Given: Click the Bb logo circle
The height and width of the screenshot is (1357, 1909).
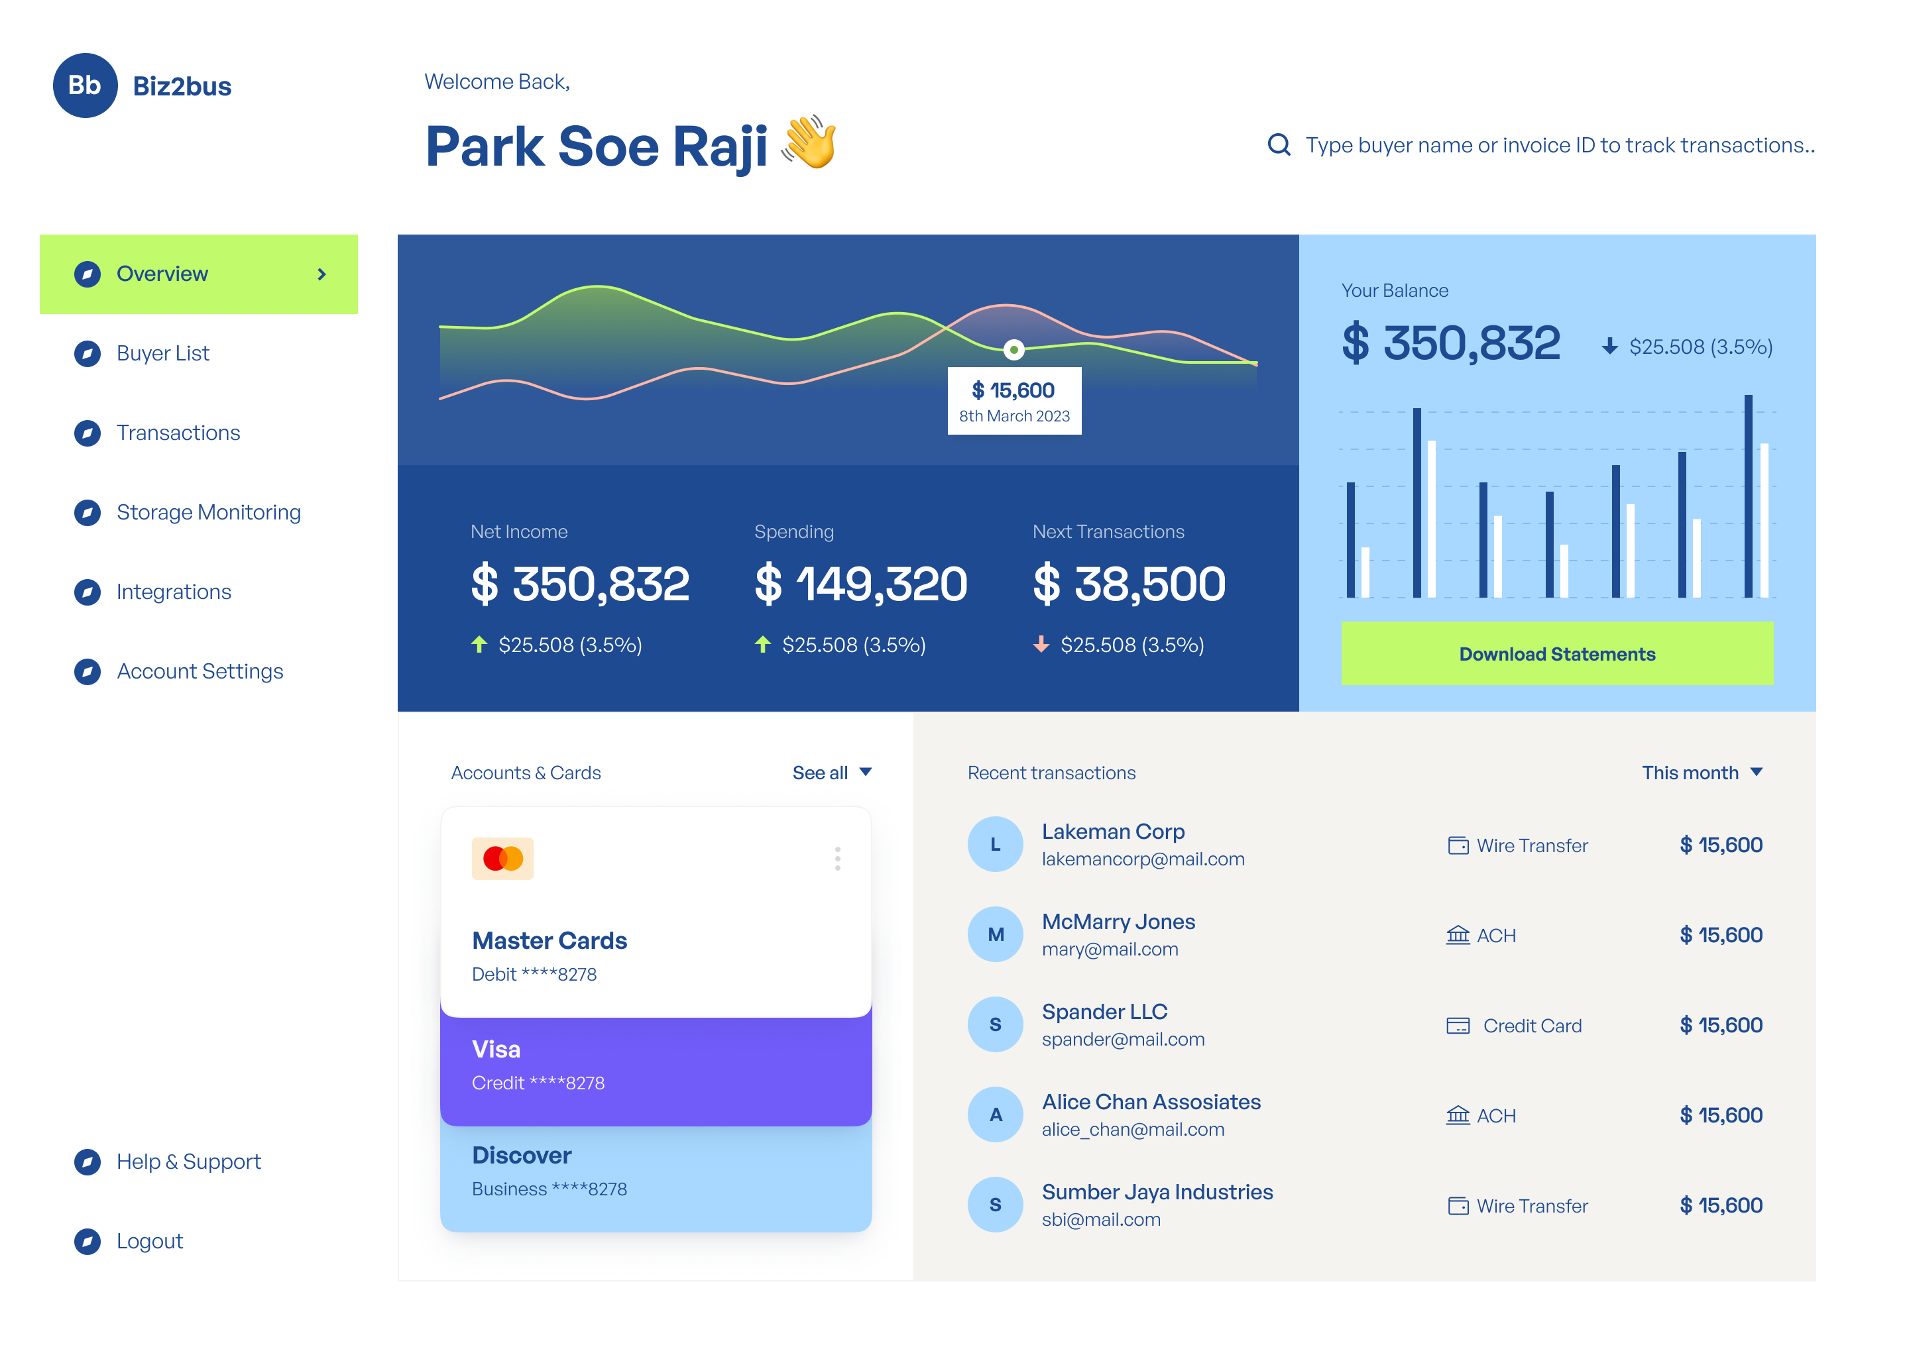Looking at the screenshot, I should (x=84, y=85).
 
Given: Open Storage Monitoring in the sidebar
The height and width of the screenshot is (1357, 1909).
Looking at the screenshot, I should (x=208, y=512).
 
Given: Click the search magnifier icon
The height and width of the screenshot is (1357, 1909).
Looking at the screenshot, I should (x=1278, y=144).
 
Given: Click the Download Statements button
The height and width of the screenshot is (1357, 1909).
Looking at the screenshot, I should (x=1556, y=653).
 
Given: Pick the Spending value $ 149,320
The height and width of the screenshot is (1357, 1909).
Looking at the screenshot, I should (x=860, y=583).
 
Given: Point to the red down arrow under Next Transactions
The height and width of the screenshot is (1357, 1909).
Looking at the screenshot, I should (x=1041, y=644).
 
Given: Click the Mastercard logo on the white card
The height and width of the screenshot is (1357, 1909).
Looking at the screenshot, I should (x=502, y=858).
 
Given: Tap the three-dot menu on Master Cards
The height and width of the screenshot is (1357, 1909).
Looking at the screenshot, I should (x=837, y=858).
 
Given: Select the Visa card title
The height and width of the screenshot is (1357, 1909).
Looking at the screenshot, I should (x=496, y=1050).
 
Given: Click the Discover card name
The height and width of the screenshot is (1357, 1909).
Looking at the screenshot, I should (x=522, y=1156).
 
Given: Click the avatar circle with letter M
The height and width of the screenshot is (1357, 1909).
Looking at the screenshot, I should (x=995, y=934).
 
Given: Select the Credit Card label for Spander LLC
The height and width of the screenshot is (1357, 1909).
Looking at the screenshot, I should (x=1531, y=1025).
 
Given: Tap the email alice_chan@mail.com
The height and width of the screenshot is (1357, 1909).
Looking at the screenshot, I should (x=1133, y=1130).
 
